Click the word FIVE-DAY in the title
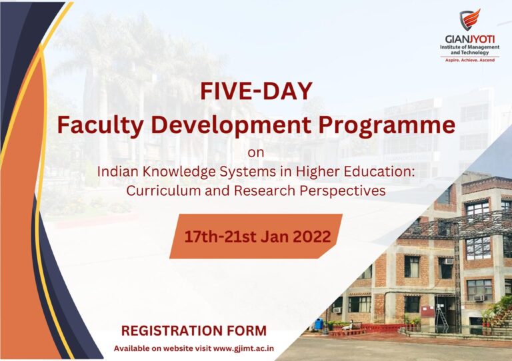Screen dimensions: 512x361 point(256,91)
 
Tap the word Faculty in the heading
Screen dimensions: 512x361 point(100,126)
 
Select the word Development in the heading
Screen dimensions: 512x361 point(231,126)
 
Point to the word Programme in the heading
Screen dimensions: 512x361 point(387,126)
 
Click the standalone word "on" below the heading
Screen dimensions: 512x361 point(256,153)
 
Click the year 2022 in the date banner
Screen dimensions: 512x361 point(312,236)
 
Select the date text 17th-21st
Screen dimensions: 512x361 point(221,236)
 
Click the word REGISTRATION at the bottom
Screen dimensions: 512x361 point(171,330)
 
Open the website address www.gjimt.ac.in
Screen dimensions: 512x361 point(243,348)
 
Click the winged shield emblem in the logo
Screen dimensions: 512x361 point(470,19)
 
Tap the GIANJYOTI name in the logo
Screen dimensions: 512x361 point(470,39)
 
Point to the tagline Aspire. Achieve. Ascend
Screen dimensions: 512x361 point(470,61)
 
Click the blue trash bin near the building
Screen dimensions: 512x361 point(319,324)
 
